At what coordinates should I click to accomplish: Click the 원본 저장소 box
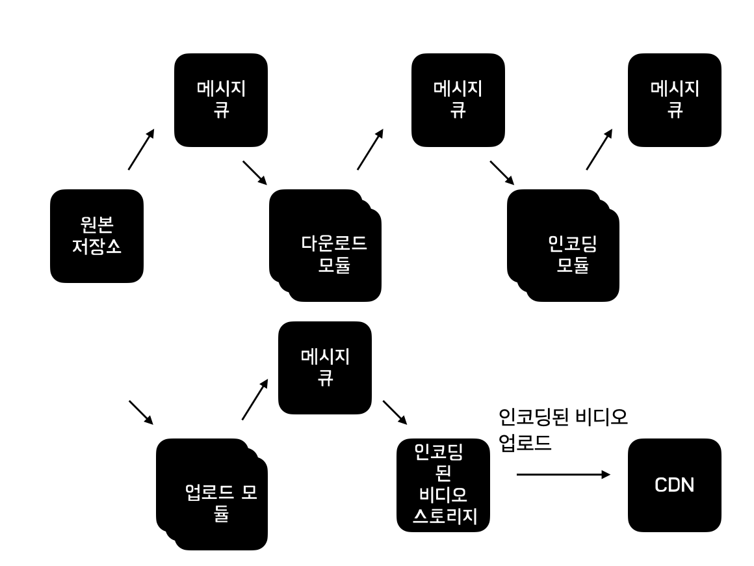click(96, 236)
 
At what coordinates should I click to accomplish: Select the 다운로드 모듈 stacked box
click(325, 245)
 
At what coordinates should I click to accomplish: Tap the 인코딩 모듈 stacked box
click(563, 245)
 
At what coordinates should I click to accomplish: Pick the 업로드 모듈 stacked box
click(212, 494)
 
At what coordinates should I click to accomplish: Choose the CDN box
click(674, 485)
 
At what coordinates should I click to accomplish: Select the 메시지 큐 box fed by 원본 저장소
click(221, 100)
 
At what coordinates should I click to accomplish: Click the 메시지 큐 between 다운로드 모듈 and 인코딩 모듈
click(458, 100)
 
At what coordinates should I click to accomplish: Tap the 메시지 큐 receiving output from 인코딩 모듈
click(674, 100)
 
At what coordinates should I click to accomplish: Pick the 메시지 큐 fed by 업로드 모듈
click(324, 368)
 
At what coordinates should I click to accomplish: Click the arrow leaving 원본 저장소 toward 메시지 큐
click(141, 150)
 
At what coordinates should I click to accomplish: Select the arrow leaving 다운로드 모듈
click(370, 150)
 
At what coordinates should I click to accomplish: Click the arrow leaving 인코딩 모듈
click(599, 150)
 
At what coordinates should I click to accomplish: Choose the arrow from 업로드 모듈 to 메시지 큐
click(254, 400)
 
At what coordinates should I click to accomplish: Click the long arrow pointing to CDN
click(563, 475)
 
